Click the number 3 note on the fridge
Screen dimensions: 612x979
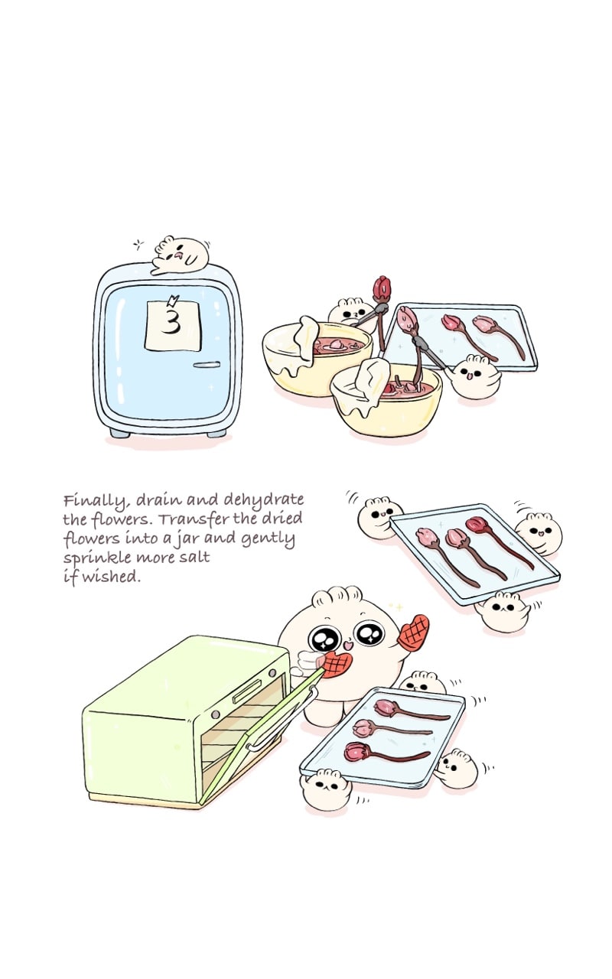pyautogui.click(x=173, y=325)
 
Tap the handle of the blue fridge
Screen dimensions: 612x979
pyautogui.click(x=207, y=365)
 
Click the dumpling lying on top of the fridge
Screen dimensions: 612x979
pyautogui.click(x=180, y=255)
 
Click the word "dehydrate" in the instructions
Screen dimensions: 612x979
pyautogui.click(x=263, y=499)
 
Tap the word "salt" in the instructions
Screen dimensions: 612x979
pyautogui.click(x=194, y=558)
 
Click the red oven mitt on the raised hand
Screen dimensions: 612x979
pyautogui.click(x=413, y=633)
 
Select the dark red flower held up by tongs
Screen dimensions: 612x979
pyautogui.click(x=381, y=289)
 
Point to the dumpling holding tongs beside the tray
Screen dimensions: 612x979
pyautogui.click(x=475, y=377)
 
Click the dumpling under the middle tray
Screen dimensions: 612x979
pyautogui.click(x=502, y=612)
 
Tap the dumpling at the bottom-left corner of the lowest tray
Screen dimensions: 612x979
pyautogui.click(x=325, y=789)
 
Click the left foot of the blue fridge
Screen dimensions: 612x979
pyautogui.click(x=119, y=433)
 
